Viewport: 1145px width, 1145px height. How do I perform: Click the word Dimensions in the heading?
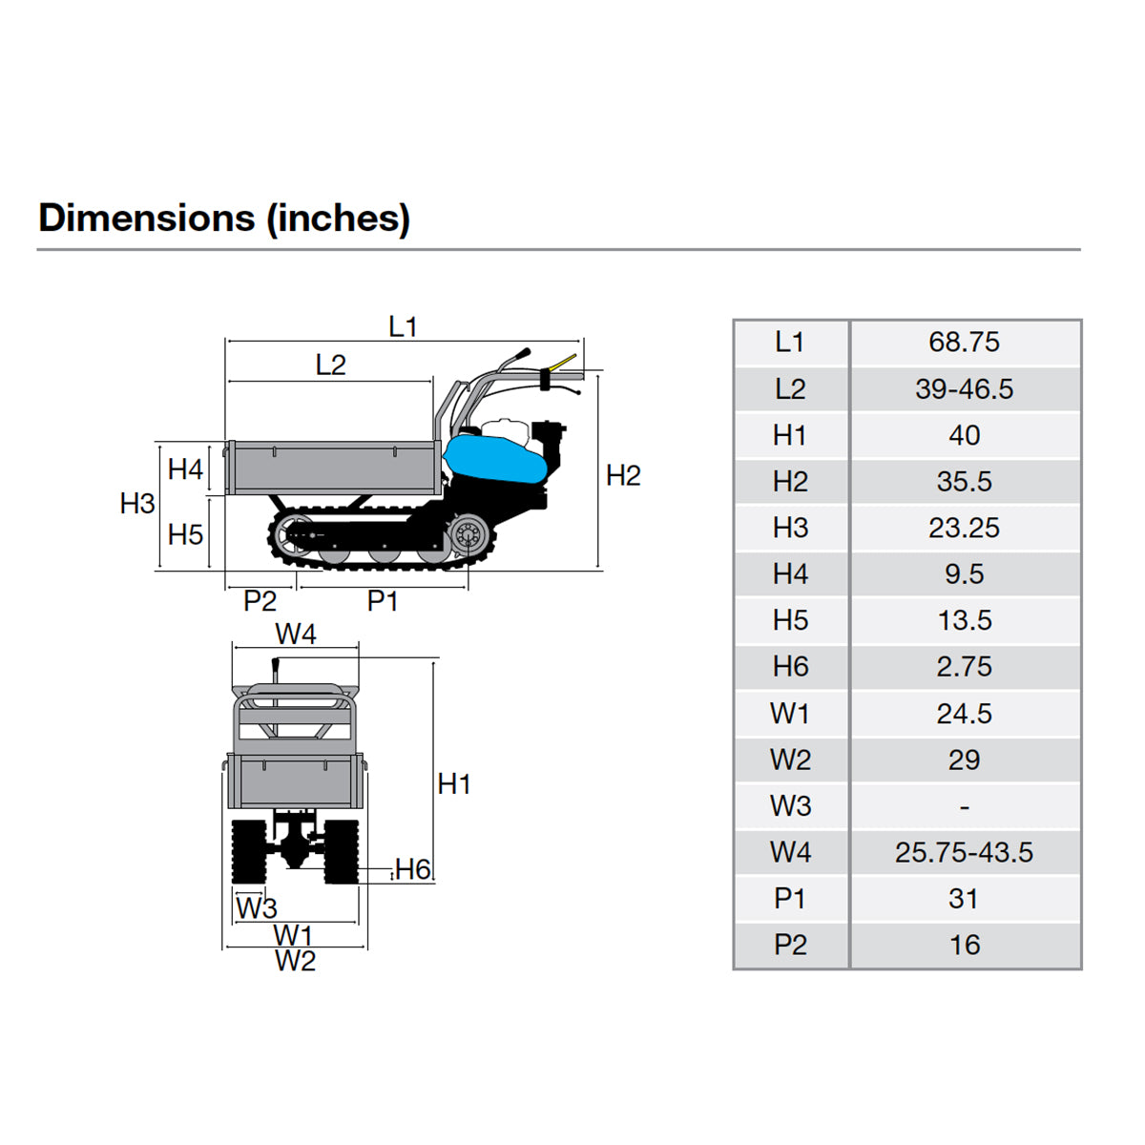(x=146, y=218)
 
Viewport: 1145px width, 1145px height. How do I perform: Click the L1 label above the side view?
(x=403, y=327)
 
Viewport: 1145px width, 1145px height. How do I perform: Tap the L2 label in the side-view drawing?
(x=330, y=364)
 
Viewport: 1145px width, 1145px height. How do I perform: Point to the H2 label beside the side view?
(x=623, y=475)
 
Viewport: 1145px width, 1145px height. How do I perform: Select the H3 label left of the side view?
(x=137, y=503)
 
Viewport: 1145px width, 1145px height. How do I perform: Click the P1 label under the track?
(x=382, y=601)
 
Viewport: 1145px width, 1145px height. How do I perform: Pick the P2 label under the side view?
(x=260, y=601)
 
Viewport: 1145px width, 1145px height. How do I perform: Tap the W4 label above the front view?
(x=295, y=634)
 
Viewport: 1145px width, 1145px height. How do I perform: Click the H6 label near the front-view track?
(x=412, y=869)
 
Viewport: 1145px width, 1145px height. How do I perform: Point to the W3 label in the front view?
(x=256, y=907)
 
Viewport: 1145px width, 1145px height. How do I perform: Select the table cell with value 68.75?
(x=964, y=343)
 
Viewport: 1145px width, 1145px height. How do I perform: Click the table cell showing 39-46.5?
(x=964, y=389)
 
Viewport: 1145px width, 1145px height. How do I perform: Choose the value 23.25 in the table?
(x=964, y=528)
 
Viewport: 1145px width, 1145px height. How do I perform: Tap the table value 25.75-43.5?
(x=964, y=852)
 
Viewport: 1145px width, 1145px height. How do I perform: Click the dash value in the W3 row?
(x=964, y=806)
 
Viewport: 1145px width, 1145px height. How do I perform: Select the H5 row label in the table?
(x=790, y=620)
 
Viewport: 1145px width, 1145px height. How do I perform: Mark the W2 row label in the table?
(x=790, y=760)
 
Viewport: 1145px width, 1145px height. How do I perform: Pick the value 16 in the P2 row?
(x=964, y=945)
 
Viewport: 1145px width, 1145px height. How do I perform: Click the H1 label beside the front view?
(x=454, y=783)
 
